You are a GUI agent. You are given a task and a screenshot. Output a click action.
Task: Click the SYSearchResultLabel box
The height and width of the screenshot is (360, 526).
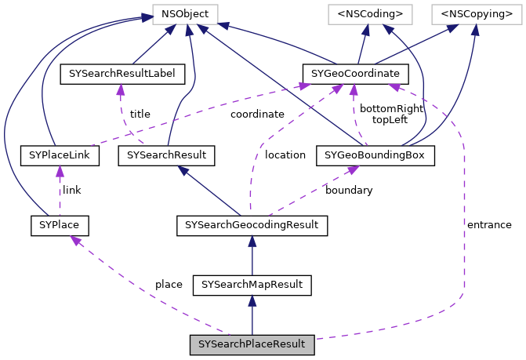pyautogui.click(x=122, y=75)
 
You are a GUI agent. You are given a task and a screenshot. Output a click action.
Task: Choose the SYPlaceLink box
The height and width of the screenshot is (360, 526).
pyautogui.click(x=60, y=155)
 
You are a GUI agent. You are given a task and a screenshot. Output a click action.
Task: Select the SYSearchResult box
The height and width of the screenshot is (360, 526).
pyautogui.click(x=165, y=155)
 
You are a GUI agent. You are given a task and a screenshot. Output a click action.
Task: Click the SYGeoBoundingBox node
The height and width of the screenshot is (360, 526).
pyautogui.click(x=375, y=155)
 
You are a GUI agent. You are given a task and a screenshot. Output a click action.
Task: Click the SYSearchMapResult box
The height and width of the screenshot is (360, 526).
pyautogui.click(x=252, y=284)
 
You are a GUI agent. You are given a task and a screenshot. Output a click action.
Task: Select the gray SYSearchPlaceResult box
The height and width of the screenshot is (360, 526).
pyautogui.click(x=252, y=344)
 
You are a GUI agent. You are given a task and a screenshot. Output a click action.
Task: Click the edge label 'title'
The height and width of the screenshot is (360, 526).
pyautogui.click(x=140, y=114)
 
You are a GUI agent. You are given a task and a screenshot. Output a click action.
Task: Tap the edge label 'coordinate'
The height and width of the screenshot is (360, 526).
pyautogui.click(x=257, y=114)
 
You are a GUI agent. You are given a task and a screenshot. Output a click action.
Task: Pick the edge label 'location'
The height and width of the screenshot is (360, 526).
pyautogui.click(x=285, y=155)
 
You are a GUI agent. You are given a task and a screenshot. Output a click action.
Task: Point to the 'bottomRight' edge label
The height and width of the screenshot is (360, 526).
pyautogui.click(x=391, y=108)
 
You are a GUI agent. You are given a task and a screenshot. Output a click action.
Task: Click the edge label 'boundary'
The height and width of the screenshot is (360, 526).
pyautogui.click(x=349, y=190)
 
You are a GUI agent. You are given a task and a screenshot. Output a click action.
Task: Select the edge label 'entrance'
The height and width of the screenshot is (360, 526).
pyautogui.click(x=489, y=224)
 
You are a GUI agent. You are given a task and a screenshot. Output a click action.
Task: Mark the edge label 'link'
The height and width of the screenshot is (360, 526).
pyautogui.click(x=71, y=190)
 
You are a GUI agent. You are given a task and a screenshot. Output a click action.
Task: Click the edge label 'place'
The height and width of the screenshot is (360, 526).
pyautogui.click(x=169, y=284)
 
